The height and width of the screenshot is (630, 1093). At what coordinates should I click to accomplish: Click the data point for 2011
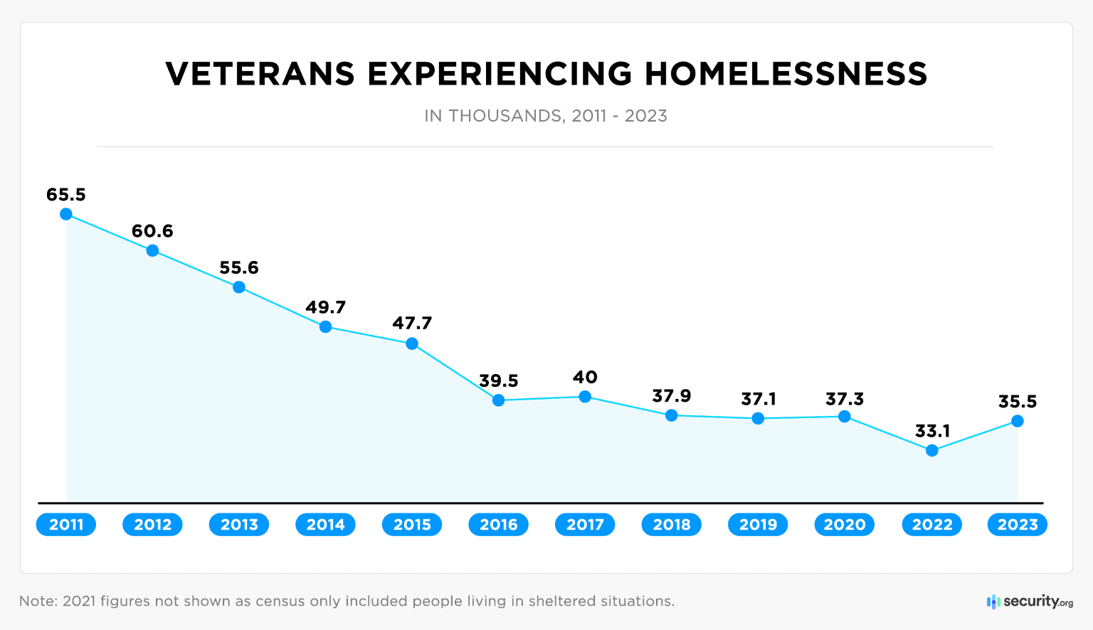pyautogui.click(x=66, y=214)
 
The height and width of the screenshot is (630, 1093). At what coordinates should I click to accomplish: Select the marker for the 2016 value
pyautogui.click(x=499, y=400)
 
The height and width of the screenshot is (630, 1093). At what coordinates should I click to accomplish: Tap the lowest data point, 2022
pyautogui.click(x=932, y=450)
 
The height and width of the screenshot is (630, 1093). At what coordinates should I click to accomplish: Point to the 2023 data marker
pyautogui.click(x=1018, y=421)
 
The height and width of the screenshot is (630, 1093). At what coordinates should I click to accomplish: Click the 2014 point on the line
pyautogui.click(x=325, y=327)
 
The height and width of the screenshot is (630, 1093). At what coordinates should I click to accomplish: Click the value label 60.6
pyautogui.click(x=152, y=231)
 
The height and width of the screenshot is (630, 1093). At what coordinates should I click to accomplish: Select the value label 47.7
pyautogui.click(x=412, y=324)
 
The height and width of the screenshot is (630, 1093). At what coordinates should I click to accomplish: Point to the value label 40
pyautogui.click(x=585, y=378)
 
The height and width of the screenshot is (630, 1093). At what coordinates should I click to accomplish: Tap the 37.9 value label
pyautogui.click(x=672, y=396)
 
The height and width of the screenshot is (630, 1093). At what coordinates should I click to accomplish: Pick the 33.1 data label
pyautogui.click(x=932, y=431)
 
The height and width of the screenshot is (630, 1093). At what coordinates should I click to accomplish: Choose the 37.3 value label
pyautogui.click(x=845, y=400)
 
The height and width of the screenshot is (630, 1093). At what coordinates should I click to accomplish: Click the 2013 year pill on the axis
pyautogui.click(x=239, y=525)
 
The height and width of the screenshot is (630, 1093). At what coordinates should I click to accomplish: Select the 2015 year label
pyautogui.click(x=412, y=525)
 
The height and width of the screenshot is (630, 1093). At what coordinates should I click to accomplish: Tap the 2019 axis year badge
pyautogui.click(x=758, y=525)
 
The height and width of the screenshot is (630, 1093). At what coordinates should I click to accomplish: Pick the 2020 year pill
pyautogui.click(x=845, y=525)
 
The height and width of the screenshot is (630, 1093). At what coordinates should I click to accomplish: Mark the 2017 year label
pyautogui.click(x=585, y=525)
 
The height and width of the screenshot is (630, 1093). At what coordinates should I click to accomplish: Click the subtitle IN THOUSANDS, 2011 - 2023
pyautogui.click(x=546, y=116)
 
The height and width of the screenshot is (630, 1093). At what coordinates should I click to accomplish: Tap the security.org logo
pyautogui.click(x=1030, y=602)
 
